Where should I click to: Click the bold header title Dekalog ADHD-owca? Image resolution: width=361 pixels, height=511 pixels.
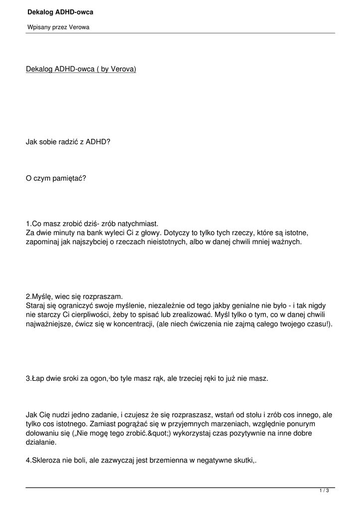[60, 11]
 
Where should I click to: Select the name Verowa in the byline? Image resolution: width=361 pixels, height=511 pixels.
[80, 27]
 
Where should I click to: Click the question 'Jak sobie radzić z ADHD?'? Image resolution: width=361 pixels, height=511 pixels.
[68, 142]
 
